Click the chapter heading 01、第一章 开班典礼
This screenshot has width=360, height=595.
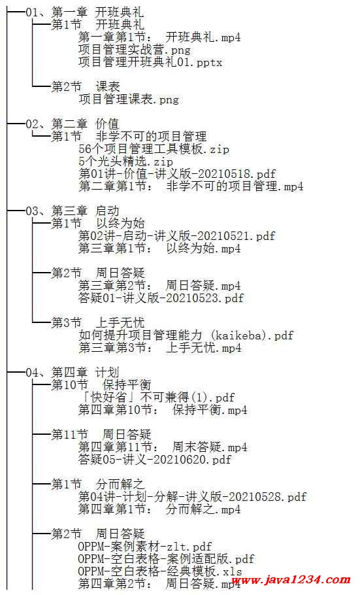[x=84, y=12]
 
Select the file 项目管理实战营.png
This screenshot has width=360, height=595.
[x=135, y=50]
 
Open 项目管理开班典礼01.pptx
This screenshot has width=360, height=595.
[x=150, y=62]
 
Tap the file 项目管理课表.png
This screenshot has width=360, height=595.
[x=129, y=99]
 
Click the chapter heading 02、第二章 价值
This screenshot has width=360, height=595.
[x=72, y=124]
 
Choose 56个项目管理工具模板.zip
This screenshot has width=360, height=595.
[x=154, y=149]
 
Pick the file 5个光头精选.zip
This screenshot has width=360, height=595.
[x=125, y=161]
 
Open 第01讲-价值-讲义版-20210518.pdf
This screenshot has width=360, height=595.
[x=177, y=174]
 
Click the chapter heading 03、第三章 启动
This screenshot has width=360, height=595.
[x=72, y=211]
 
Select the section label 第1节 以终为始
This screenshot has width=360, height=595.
[x=98, y=224]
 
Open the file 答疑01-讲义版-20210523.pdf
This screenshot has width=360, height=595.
[x=161, y=298]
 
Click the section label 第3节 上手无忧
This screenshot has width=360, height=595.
[x=98, y=323]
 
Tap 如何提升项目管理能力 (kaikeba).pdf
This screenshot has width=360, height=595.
[x=186, y=335]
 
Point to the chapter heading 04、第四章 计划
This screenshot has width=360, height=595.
[x=72, y=373]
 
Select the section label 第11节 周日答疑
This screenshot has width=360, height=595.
[x=101, y=435]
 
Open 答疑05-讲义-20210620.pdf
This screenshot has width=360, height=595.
[x=155, y=460]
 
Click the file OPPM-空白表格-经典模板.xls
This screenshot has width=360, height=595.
[x=159, y=571]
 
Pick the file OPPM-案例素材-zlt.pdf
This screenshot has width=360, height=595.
[x=144, y=547]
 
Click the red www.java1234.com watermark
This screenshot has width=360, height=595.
[x=291, y=580]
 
